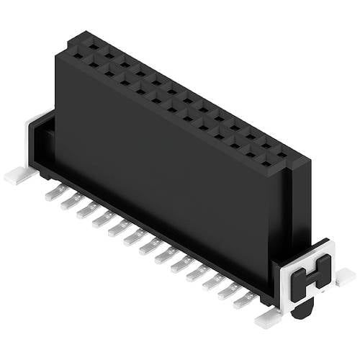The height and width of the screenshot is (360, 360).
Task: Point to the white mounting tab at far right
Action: tap(344, 276)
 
